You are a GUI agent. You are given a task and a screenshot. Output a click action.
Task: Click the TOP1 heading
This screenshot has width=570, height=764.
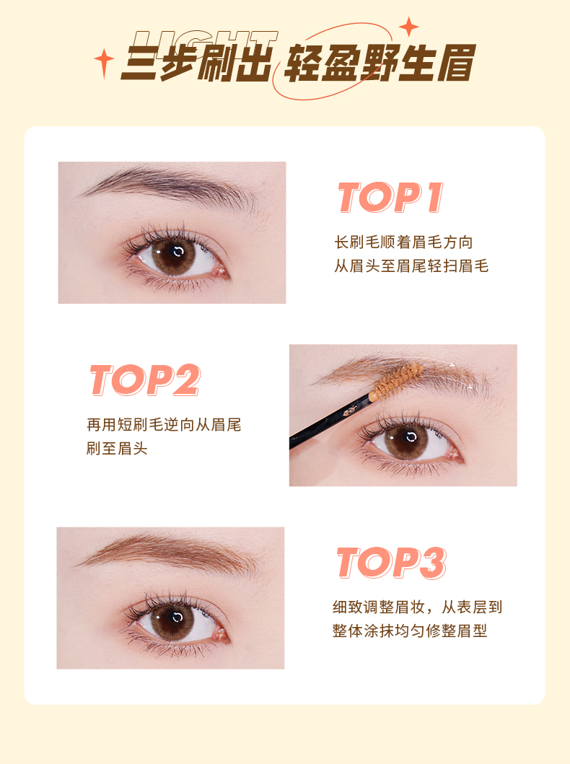tap(391, 198)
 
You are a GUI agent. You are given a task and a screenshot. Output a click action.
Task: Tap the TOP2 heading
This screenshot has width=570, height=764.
tap(145, 380)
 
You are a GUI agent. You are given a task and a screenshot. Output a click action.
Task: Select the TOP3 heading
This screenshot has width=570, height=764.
tap(392, 563)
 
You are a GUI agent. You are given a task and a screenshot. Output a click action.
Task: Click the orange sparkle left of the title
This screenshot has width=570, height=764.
tap(104, 63)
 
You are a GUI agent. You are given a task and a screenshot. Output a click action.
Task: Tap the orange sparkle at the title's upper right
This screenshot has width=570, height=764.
tap(408, 27)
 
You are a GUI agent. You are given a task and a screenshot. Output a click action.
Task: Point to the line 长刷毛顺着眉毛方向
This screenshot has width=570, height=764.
tap(403, 242)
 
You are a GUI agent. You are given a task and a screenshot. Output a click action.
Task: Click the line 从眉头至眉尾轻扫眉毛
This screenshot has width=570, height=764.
tap(411, 265)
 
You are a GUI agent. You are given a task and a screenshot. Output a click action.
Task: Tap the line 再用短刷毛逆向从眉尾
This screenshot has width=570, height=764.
tap(164, 424)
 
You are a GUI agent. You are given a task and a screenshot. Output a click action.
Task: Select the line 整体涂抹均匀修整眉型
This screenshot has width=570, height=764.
tap(410, 631)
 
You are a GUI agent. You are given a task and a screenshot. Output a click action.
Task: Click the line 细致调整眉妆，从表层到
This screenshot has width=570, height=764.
tap(418, 607)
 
